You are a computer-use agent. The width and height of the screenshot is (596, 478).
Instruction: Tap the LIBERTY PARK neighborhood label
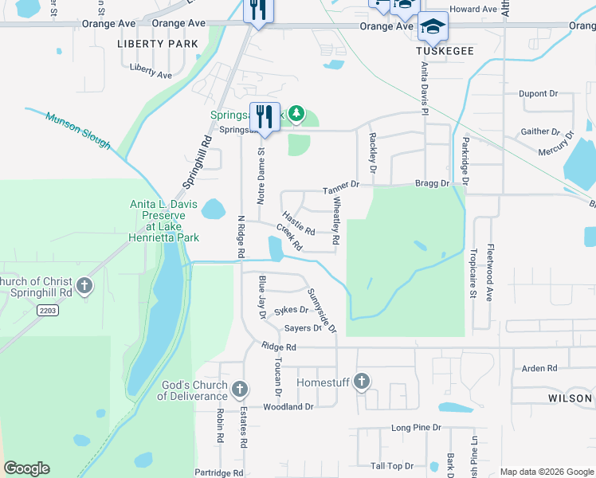(158, 43)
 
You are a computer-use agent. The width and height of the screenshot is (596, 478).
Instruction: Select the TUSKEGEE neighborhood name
(445, 50)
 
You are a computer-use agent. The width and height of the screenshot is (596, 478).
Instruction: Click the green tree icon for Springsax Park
(296, 114)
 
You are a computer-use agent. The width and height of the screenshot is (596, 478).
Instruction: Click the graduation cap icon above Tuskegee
(433, 27)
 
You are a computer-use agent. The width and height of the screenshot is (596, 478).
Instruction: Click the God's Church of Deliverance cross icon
(240, 389)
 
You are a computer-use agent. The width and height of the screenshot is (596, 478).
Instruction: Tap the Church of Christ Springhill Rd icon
(84, 286)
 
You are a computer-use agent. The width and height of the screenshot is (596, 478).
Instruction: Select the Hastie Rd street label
(299, 223)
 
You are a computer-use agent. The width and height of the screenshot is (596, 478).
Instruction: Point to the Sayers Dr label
(302, 327)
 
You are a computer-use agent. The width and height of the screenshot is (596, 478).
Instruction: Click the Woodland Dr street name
(288, 406)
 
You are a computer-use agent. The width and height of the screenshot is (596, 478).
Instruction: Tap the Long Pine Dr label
(416, 428)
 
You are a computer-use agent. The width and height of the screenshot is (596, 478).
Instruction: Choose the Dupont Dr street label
(538, 93)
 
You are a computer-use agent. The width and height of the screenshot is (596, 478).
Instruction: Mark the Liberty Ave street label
(151, 75)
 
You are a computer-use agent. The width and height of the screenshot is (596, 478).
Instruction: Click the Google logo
(27, 468)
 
